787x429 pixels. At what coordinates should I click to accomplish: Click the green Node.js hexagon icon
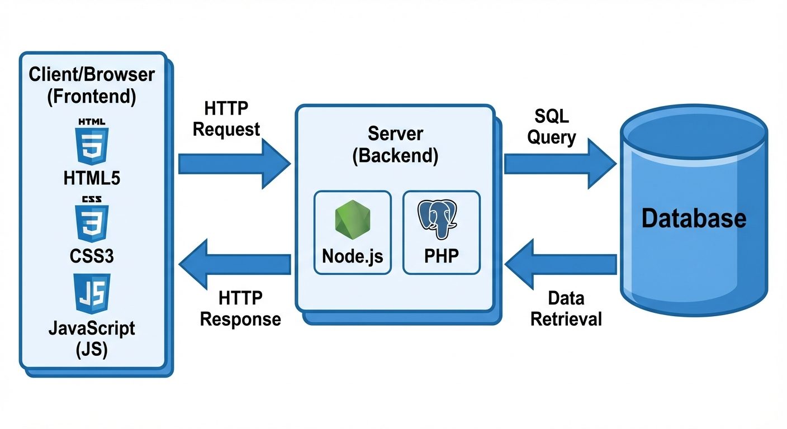353,220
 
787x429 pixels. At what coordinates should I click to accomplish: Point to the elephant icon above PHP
439,220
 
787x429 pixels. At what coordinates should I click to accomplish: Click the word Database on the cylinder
694,218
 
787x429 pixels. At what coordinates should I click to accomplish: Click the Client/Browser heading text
92,75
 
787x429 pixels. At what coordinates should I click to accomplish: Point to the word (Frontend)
92,97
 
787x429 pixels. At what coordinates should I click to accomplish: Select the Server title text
395,134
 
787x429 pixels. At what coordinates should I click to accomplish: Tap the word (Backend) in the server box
395,155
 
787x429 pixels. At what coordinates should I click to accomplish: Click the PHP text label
441,256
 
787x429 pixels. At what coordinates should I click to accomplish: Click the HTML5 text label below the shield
92,178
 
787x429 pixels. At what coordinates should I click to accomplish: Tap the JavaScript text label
92,328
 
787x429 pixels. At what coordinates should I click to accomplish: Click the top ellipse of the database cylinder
694,134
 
